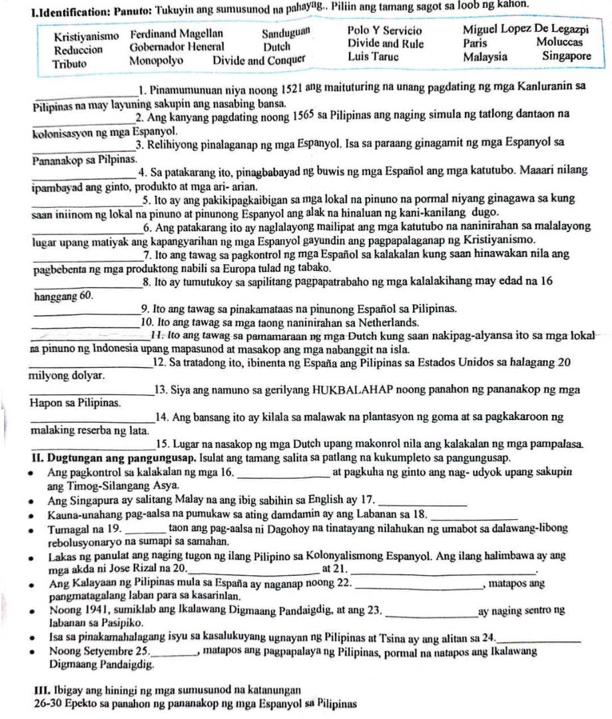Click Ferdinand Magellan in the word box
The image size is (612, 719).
176,33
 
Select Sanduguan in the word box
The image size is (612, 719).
286,32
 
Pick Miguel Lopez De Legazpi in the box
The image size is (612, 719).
525,31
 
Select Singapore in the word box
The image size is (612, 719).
566,57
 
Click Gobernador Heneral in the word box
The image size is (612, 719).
177,47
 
